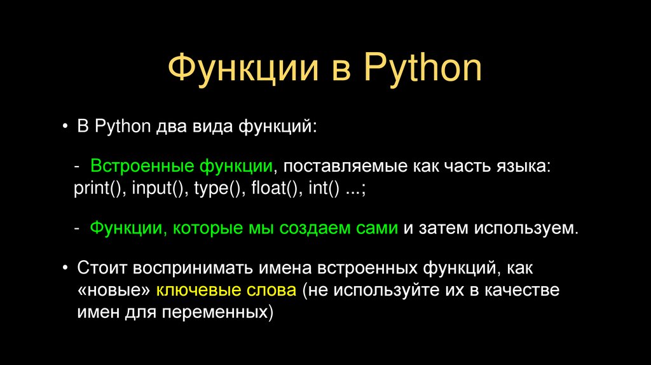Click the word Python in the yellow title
pyautogui.click(x=423, y=69)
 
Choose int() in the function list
pyautogui.click(x=324, y=189)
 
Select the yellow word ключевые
pyautogui.click(x=195, y=291)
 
